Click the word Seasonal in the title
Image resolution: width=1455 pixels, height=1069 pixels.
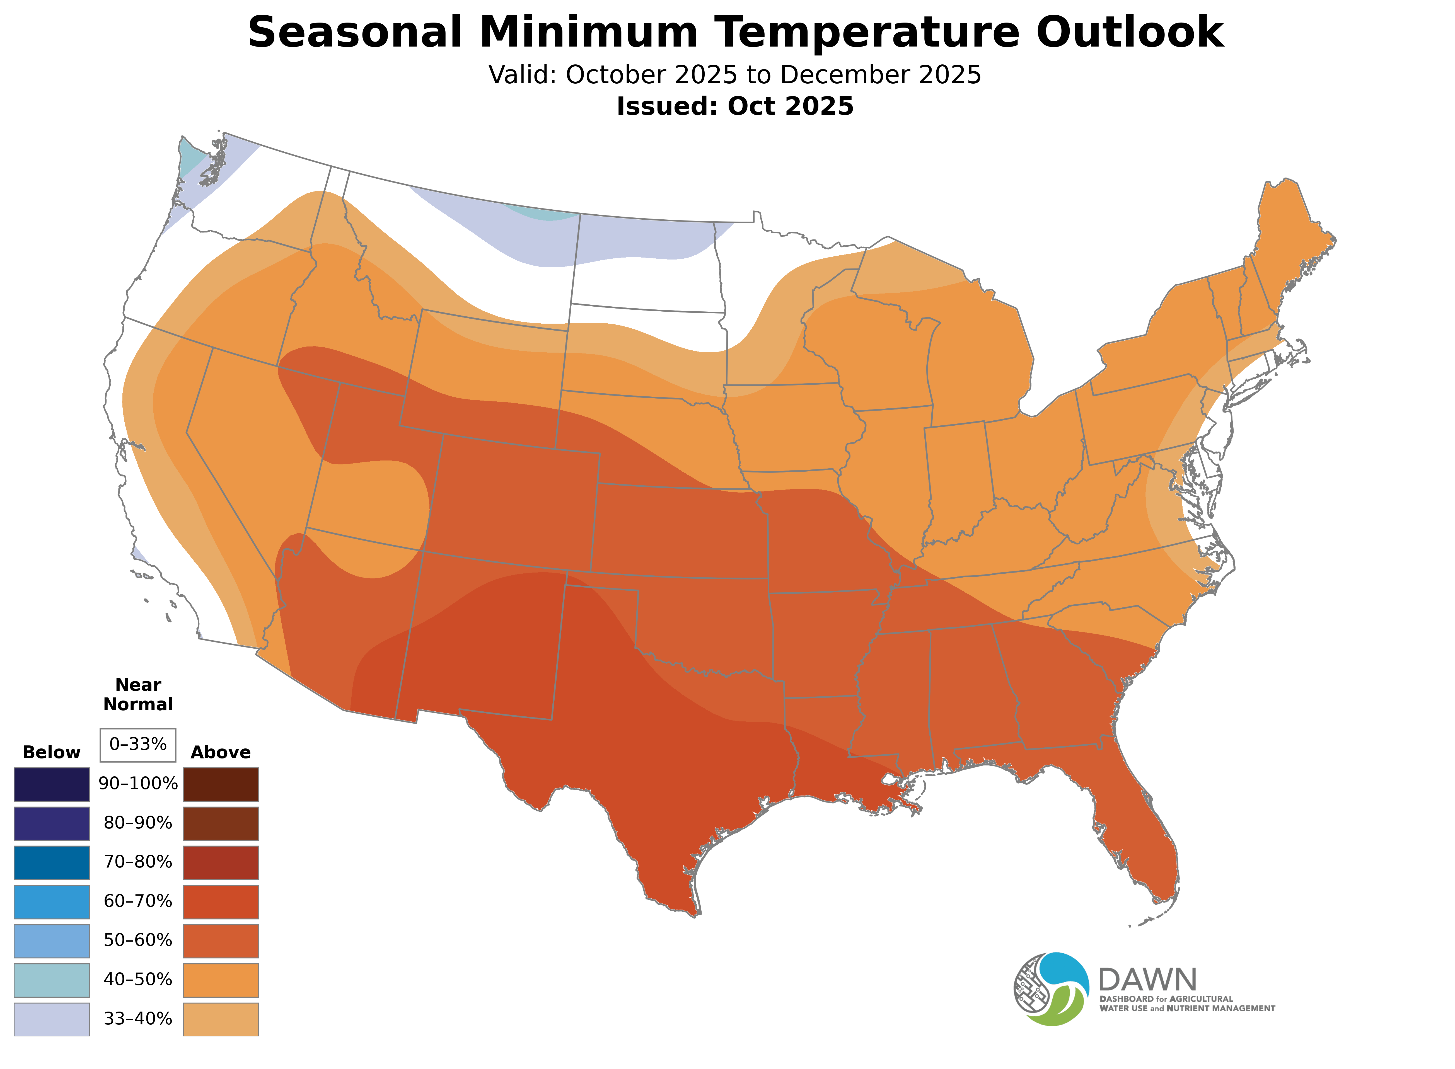(355, 32)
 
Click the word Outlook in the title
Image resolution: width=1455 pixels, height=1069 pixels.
(1129, 32)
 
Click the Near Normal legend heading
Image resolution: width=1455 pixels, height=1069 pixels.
(138, 694)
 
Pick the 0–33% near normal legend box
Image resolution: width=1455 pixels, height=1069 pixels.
(138, 745)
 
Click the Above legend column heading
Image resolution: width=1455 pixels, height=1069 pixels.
(221, 753)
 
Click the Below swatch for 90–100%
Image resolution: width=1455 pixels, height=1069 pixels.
(52, 784)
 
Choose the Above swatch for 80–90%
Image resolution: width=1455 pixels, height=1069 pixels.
(221, 823)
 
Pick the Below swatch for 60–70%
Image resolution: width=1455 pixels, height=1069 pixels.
(52, 901)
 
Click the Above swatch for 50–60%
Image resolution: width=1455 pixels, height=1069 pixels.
(221, 941)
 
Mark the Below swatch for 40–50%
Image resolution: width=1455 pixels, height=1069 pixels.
(52, 980)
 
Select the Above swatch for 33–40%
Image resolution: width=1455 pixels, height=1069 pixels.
(221, 1019)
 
